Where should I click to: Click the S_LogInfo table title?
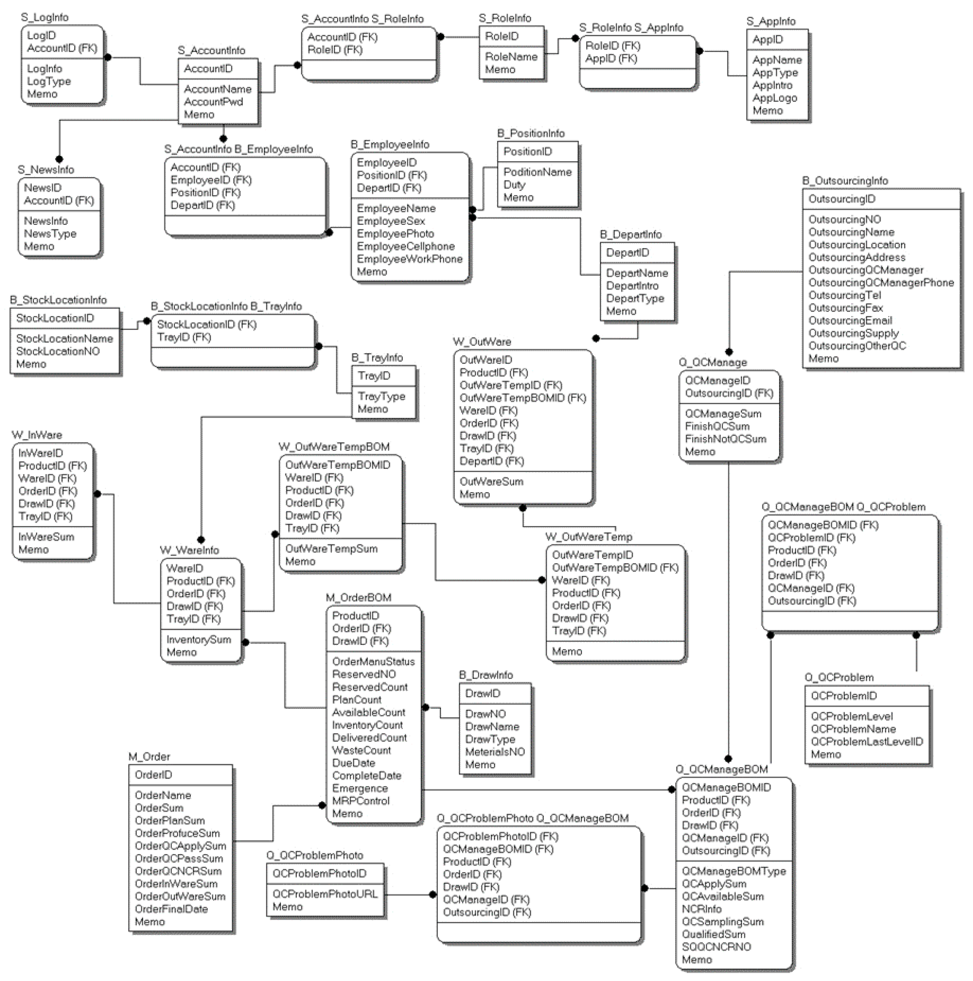point(45,17)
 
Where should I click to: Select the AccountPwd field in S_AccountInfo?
point(213,102)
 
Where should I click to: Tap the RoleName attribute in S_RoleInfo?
point(511,57)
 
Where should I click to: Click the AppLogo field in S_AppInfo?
point(774,98)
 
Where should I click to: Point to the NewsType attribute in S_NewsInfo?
point(50,234)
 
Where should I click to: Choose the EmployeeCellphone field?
point(406,246)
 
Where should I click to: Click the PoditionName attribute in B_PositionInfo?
point(537,172)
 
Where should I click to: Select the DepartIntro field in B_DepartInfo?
point(632,286)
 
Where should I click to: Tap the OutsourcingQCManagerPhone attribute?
point(881,283)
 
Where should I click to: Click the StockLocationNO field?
point(58,351)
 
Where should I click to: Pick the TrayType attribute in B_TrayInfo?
point(381,397)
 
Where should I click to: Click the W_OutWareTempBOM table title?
point(334,447)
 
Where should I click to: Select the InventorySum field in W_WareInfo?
point(199,640)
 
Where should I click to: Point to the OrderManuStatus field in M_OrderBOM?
point(373,662)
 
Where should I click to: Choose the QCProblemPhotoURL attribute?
point(325,894)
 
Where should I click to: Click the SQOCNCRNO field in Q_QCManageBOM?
point(716,947)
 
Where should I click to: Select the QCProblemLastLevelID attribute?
point(866,742)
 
